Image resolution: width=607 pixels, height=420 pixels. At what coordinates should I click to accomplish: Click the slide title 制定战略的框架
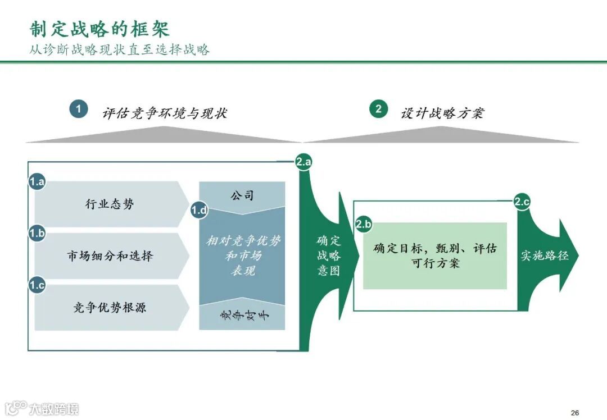pyautogui.click(x=99, y=29)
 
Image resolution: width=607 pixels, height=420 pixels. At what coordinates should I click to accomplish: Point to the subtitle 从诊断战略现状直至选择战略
pyautogui.click(x=120, y=50)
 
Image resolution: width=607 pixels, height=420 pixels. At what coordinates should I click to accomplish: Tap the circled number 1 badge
pyautogui.click(x=79, y=109)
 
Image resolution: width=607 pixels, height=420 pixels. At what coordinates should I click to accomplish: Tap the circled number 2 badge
pyautogui.click(x=378, y=109)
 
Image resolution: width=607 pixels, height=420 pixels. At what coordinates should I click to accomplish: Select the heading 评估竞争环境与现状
pyautogui.click(x=165, y=113)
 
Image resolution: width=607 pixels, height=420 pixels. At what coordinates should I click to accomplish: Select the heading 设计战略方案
pyautogui.click(x=442, y=113)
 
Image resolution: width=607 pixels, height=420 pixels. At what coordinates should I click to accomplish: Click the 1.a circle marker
pyautogui.click(x=37, y=181)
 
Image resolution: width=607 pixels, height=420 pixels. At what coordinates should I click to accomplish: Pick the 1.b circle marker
pyautogui.click(x=37, y=233)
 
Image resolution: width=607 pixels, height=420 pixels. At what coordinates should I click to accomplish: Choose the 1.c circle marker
pyautogui.click(x=37, y=285)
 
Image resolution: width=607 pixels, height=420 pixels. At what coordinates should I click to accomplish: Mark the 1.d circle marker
pyautogui.click(x=200, y=211)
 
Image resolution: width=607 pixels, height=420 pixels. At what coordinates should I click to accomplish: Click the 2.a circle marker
pyautogui.click(x=303, y=162)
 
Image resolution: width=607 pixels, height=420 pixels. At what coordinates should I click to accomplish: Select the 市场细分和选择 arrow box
pyautogui.click(x=110, y=256)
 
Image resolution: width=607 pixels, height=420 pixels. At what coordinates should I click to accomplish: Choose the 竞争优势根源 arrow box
pyautogui.click(x=110, y=308)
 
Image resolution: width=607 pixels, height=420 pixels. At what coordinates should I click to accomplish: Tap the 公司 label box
pyautogui.click(x=242, y=195)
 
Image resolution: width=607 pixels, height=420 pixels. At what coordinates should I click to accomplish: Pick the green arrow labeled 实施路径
pyautogui.click(x=545, y=255)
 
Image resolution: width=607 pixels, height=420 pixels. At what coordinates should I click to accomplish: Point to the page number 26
pyautogui.click(x=574, y=412)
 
